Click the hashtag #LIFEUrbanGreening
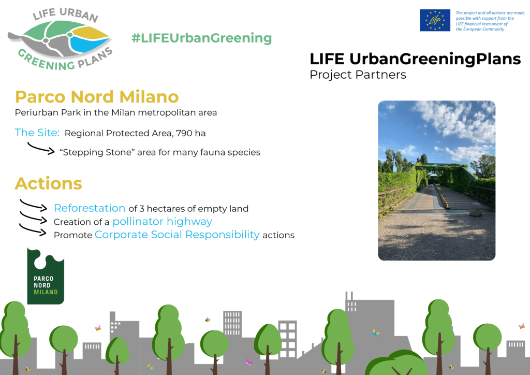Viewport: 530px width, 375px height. [201, 38]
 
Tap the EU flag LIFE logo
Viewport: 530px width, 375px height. [435, 20]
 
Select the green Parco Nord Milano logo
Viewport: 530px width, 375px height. [46, 276]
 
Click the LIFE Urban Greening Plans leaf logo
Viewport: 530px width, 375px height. [60, 39]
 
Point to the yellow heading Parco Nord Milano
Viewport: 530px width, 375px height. [97, 96]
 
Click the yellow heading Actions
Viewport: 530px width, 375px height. [48, 183]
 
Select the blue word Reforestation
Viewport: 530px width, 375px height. [90, 208]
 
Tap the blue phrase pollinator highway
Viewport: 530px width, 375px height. [163, 222]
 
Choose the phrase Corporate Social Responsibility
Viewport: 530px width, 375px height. [177, 235]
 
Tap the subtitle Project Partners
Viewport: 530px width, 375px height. [358, 75]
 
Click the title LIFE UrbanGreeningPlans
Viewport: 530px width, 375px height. [415, 59]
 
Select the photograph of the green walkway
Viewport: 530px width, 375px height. [436, 180]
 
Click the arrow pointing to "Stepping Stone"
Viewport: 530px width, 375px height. [40, 149]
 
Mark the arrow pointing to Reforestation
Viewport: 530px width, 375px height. [33, 205]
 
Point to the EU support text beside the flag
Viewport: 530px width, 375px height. [490, 21]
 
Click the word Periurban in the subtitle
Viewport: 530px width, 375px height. [35, 112]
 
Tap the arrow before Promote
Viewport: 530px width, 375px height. [33, 231]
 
